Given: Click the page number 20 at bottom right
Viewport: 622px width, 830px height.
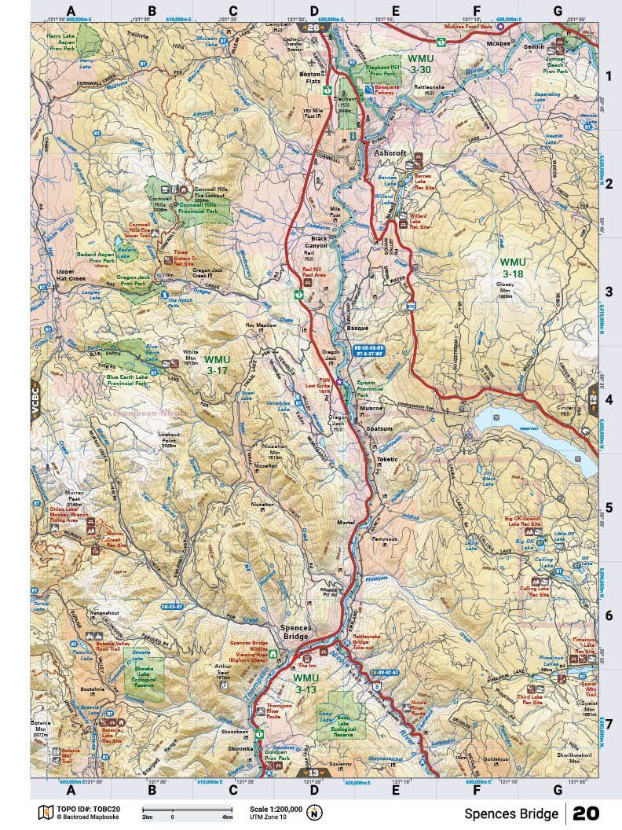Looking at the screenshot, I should (587, 813).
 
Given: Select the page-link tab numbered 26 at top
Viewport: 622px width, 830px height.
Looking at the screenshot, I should (313, 28).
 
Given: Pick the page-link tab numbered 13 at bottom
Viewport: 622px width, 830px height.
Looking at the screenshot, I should (313, 773).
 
